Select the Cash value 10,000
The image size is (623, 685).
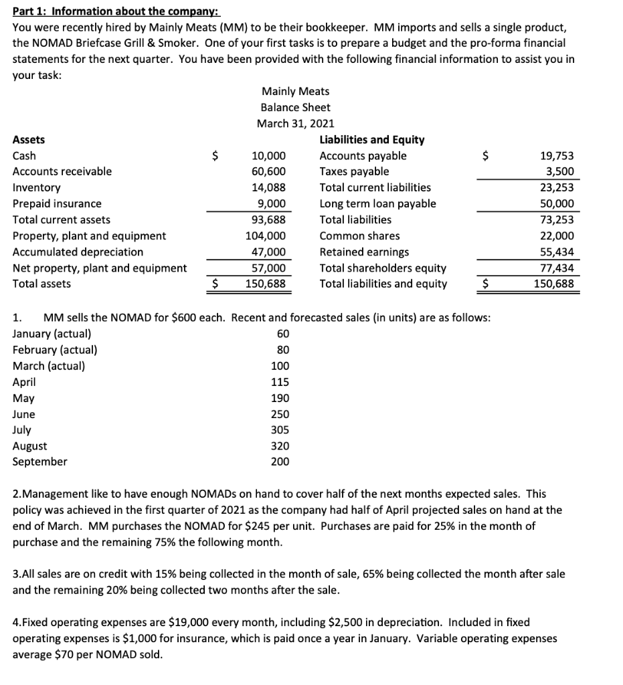tap(269, 156)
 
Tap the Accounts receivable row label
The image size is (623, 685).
tap(62, 172)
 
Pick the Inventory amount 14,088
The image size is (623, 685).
tap(269, 188)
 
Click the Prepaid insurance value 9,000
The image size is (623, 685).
tap(272, 204)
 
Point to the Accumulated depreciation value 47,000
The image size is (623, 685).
tap(269, 252)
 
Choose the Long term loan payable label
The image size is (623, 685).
tap(377, 204)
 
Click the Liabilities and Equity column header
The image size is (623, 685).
tap(372, 140)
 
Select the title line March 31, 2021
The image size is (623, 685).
tap(295, 124)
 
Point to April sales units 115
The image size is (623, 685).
tap(280, 383)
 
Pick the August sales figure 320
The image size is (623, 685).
tap(280, 446)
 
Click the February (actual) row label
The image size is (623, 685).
tap(55, 350)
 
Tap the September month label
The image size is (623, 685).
tap(40, 462)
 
